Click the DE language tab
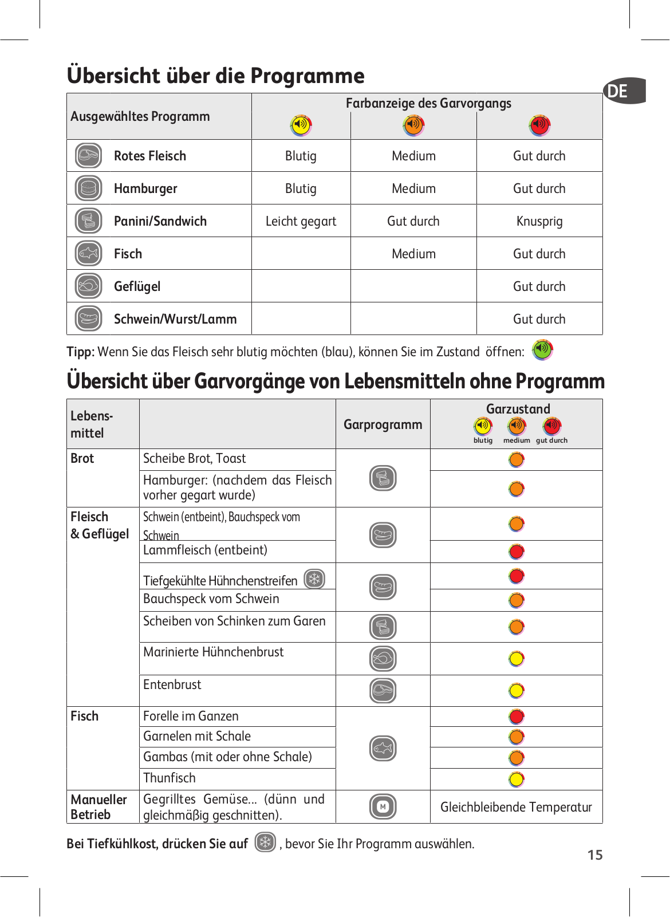pos(624,90)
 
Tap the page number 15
pos(594,855)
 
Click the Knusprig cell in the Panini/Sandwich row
pos(539,221)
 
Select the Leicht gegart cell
pos(301,221)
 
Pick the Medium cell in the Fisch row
pos(413,254)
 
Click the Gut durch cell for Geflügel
pos(539,286)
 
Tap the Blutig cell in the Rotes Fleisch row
pos(301,156)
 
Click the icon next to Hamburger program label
pos(88,188)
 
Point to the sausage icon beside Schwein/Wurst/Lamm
pos(88,318)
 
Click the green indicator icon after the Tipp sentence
pos(542,350)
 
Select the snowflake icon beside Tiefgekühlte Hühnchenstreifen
pos(314,579)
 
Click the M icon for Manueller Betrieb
pos(383,806)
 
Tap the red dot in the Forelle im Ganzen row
pos(517,717)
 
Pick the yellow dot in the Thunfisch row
pos(517,780)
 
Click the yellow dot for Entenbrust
pos(517,691)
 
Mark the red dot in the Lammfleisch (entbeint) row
pos(517,552)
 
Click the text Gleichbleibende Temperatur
pos(516,807)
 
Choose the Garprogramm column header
pos(383,424)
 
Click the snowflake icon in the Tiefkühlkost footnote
pos(265,842)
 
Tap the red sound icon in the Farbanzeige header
pos(539,125)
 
